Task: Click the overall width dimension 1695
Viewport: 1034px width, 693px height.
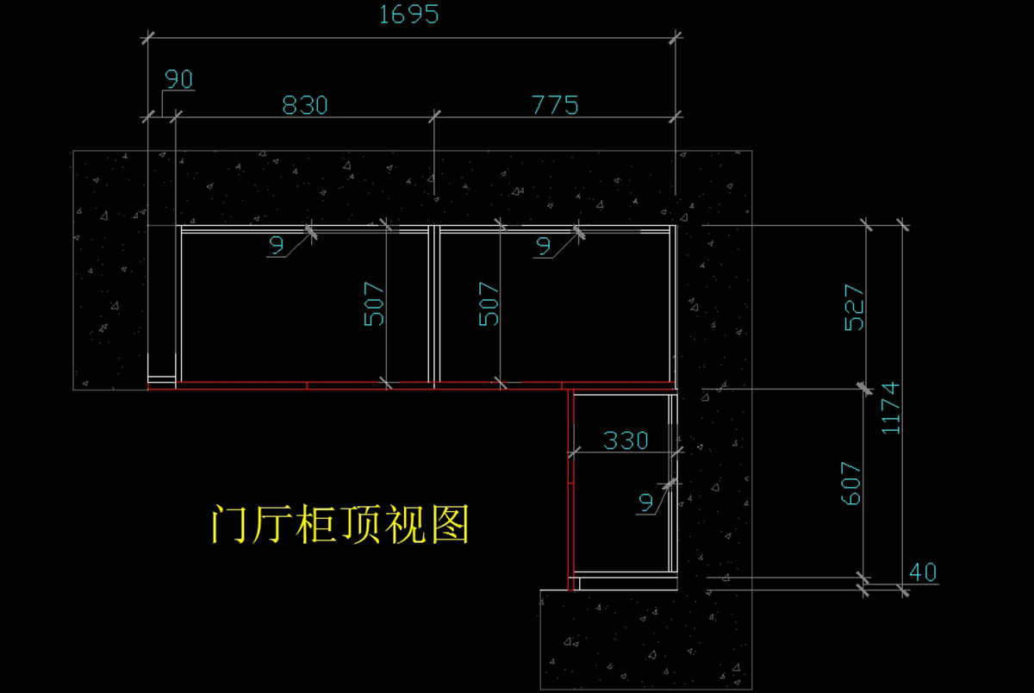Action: click(x=408, y=15)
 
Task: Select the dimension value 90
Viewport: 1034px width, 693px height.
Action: click(x=178, y=80)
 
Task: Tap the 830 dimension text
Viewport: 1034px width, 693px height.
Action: click(x=306, y=105)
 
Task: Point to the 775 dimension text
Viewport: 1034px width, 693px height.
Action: click(x=555, y=105)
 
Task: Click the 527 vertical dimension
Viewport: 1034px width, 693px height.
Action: click(x=854, y=307)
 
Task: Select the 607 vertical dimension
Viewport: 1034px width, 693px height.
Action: click(x=850, y=484)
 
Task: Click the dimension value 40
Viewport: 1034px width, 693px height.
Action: click(x=922, y=571)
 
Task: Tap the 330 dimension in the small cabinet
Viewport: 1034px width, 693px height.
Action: click(x=626, y=440)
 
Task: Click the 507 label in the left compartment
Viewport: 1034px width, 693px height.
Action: click(x=375, y=304)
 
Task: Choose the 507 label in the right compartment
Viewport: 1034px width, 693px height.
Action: click(x=489, y=304)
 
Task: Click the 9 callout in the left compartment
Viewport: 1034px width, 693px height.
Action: click(x=277, y=246)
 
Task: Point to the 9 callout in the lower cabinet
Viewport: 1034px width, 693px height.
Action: click(x=646, y=502)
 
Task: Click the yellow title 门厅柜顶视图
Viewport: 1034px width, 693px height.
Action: click(x=340, y=524)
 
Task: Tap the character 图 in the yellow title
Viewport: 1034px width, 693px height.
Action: click(x=448, y=524)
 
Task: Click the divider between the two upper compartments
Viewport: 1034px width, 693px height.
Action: click(x=433, y=304)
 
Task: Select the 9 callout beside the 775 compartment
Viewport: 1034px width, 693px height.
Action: click(x=544, y=246)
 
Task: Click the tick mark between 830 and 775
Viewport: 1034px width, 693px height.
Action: click(x=434, y=115)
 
